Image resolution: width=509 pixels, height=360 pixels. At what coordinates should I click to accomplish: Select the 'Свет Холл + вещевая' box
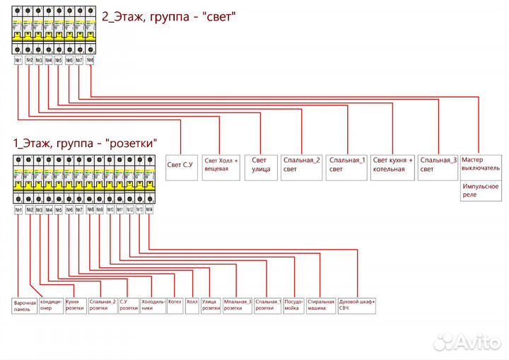point(222,164)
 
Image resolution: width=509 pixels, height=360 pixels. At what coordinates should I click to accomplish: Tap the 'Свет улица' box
point(261,164)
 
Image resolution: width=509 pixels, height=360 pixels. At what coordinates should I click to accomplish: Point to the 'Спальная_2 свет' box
point(302,164)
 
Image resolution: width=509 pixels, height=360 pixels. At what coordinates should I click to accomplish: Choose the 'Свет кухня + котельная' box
point(392,164)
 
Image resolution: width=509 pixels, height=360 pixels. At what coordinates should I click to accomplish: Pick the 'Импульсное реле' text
point(480,190)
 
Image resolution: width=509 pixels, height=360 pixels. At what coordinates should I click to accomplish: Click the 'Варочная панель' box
point(25,306)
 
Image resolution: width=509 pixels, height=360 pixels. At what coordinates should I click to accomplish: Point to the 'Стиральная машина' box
point(320,305)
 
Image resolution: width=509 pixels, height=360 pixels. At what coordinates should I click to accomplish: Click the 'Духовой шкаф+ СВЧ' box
point(357,305)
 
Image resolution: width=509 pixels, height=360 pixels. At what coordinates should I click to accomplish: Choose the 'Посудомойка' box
point(294,305)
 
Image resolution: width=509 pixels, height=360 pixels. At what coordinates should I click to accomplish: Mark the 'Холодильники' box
point(153,305)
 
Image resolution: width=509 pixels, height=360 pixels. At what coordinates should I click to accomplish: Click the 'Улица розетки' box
point(211,305)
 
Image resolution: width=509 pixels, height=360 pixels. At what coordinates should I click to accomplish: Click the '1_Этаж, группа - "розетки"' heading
point(85,143)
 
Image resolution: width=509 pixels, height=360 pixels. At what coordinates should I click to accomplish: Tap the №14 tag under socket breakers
point(149,210)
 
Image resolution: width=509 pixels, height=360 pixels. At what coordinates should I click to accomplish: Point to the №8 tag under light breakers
point(89,60)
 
